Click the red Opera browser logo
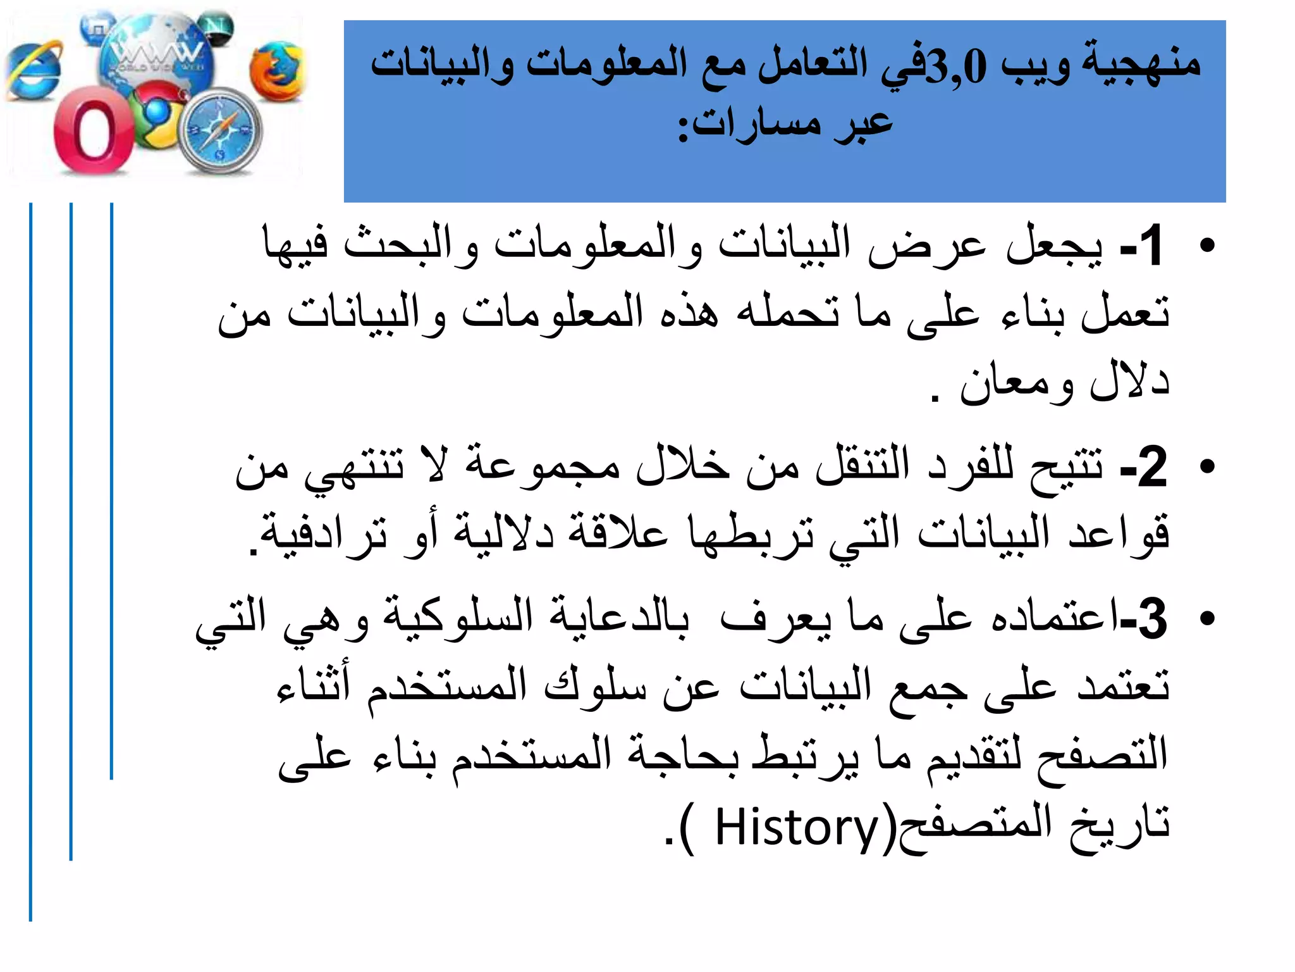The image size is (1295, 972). coord(93,135)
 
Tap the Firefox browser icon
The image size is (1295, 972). coord(277,72)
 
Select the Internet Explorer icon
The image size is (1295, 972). coord(35,72)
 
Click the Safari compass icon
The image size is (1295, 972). coord(221,131)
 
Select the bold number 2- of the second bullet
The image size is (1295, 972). coord(1144,467)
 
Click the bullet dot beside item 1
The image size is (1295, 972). coord(1207,246)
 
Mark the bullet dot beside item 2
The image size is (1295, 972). coord(1207,467)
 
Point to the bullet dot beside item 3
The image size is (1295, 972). coord(1207,618)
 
